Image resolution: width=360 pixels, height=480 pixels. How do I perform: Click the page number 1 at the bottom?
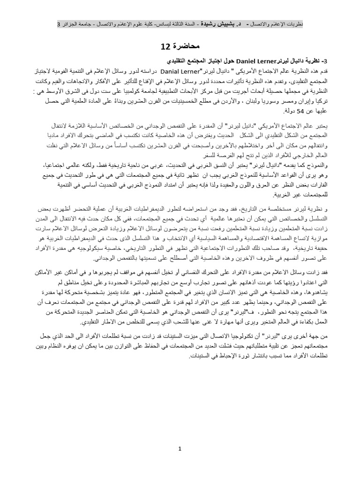pyautogui.click(x=180, y=450)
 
